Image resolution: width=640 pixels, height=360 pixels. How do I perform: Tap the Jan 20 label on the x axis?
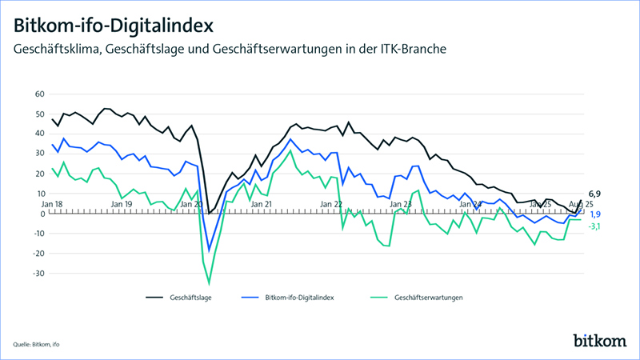[192, 205]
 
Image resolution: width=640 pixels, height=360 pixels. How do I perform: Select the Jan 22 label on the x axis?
[331, 205]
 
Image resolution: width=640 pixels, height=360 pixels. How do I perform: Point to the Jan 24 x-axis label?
[470, 205]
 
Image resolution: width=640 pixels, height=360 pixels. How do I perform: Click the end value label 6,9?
[594, 194]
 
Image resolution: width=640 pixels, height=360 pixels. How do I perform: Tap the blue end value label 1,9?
[595, 214]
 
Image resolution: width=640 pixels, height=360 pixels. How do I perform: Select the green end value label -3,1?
[595, 226]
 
